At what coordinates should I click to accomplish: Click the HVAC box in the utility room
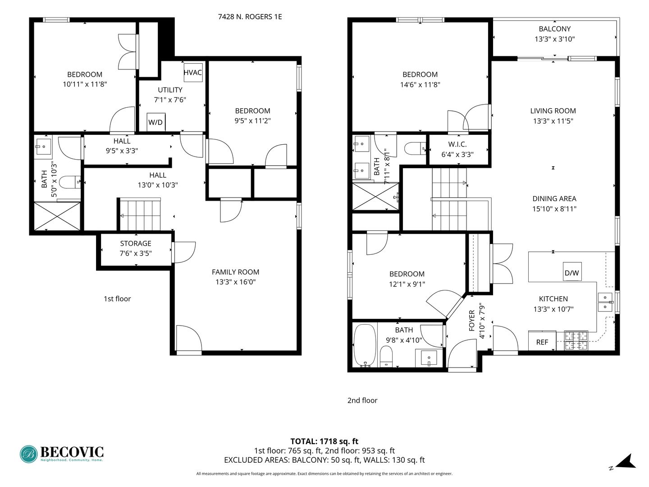pos(192,72)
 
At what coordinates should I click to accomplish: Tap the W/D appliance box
pos(155,122)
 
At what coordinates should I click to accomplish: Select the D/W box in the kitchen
pos(572,272)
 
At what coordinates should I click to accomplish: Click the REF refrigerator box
pos(542,342)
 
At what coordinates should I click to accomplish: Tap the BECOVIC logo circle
pos(29,454)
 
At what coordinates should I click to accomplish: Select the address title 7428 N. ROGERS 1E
pos(250,17)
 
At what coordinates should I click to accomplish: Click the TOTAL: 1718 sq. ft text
pos(324,441)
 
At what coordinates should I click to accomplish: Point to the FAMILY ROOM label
pos(235,272)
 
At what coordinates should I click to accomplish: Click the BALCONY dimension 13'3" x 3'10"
pos(554,39)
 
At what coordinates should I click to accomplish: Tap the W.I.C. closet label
pos(457,144)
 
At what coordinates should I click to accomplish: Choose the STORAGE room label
pos(136,243)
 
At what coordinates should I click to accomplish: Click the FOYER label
pos(472,321)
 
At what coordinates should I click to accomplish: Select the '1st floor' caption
pos(117,299)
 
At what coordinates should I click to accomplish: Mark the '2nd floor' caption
pos(362,400)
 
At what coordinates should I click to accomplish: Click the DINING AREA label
pos(554,198)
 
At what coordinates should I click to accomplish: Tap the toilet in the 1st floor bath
pos(70,182)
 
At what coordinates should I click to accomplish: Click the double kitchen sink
pos(604,302)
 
